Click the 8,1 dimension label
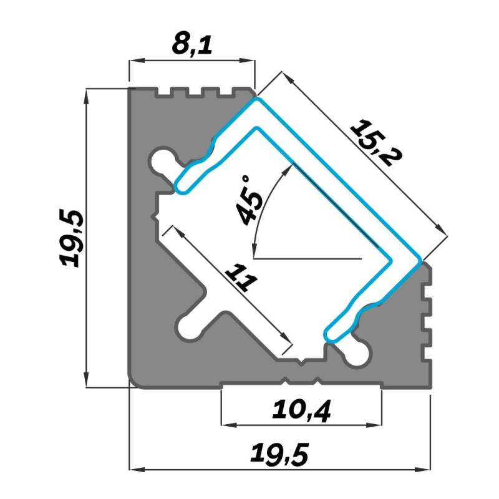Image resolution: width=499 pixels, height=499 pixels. [x=192, y=45]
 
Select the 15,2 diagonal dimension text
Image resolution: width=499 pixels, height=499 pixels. [x=376, y=143]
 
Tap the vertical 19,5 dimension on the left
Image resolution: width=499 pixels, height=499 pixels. [x=72, y=238]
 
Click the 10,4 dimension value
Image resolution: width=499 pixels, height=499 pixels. [x=302, y=411]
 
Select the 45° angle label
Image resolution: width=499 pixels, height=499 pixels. [x=251, y=200]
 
